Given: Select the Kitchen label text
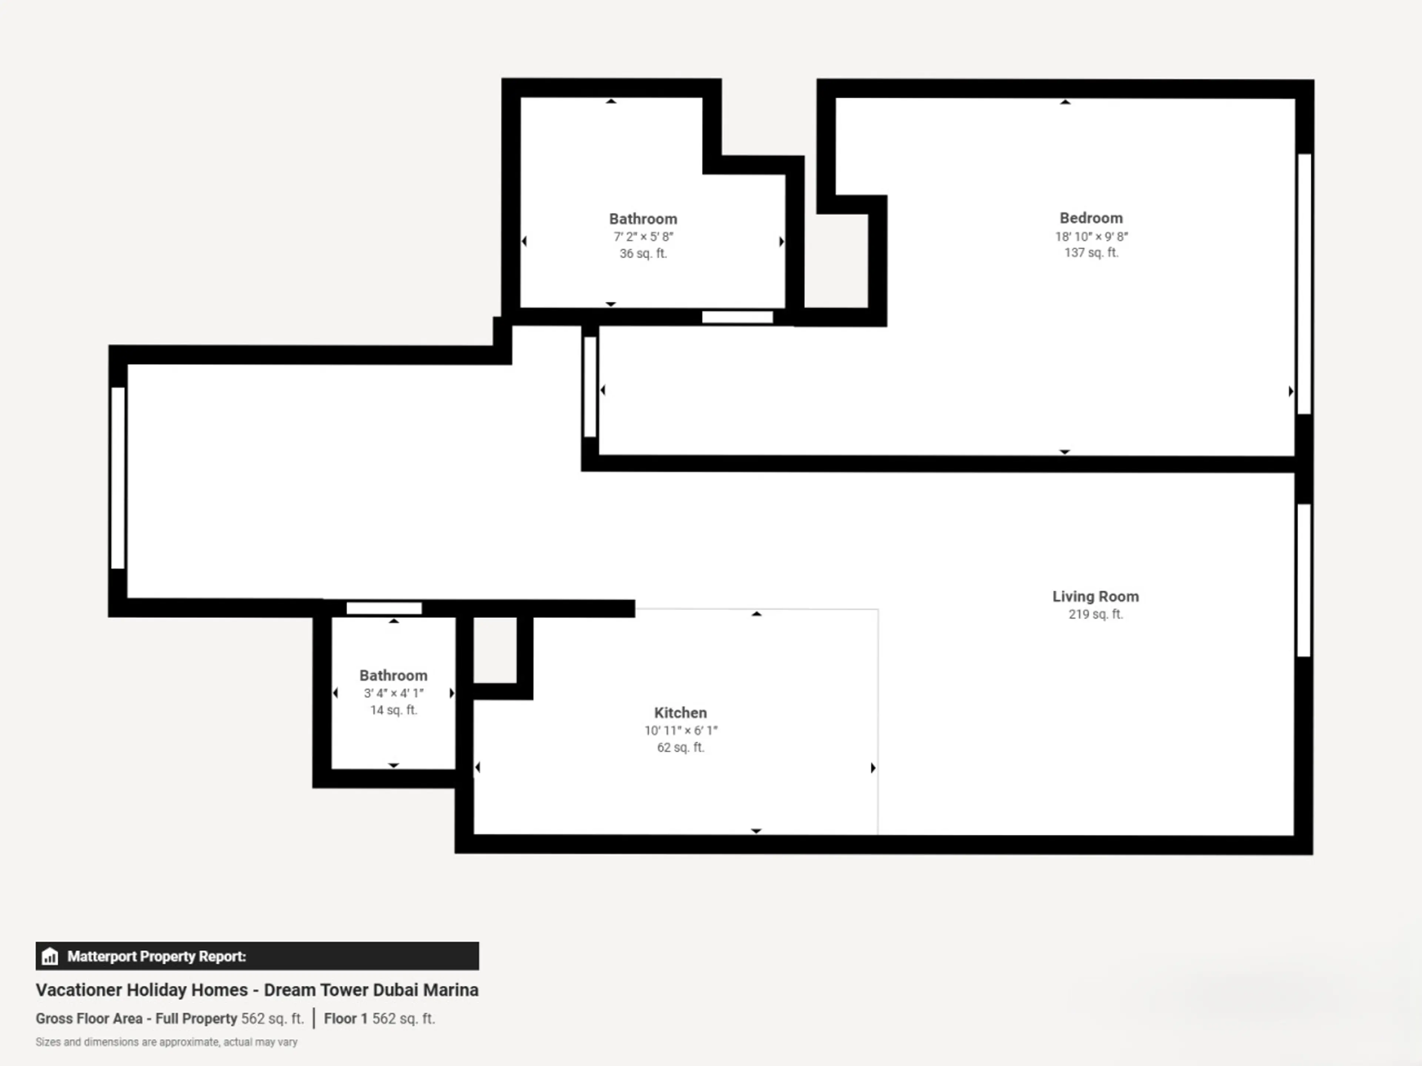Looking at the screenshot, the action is [x=680, y=713].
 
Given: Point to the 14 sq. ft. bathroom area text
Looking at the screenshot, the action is [x=393, y=710].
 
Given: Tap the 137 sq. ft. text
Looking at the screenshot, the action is [x=1091, y=252].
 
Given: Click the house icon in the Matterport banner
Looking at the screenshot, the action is [x=50, y=956].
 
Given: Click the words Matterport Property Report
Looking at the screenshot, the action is [x=156, y=956].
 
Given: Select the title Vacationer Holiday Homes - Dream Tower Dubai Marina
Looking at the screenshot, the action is [x=257, y=989].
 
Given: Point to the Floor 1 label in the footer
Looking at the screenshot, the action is [x=345, y=1019].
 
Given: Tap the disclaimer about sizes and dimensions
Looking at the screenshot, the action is [x=167, y=1042].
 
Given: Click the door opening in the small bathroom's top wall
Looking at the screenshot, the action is [x=384, y=608].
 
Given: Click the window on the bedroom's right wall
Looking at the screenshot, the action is [x=1304, y=284].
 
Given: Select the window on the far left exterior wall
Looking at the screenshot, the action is [x=118, y=477].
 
